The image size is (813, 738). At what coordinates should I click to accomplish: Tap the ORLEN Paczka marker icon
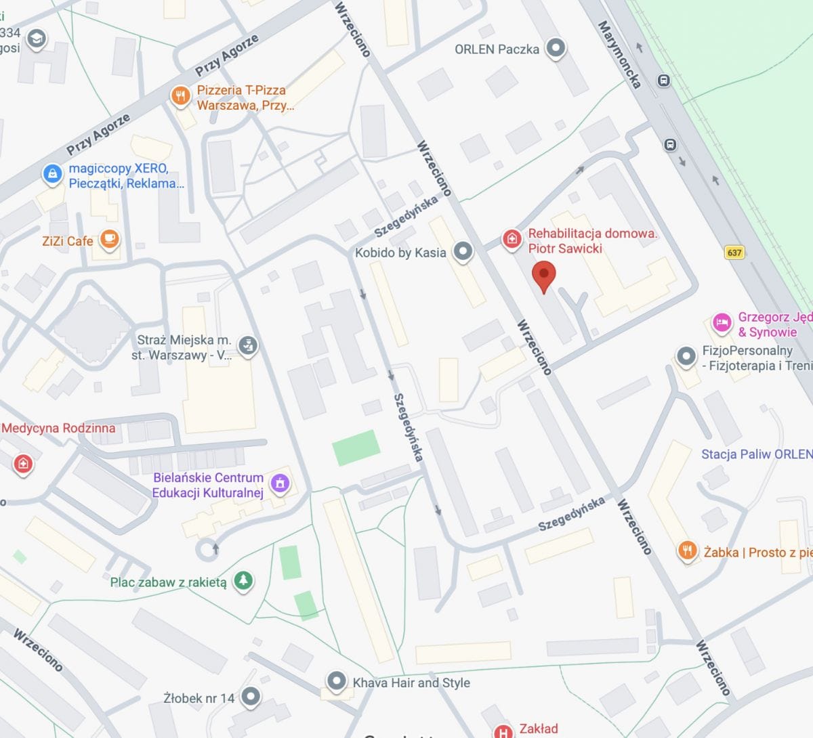(556, 48)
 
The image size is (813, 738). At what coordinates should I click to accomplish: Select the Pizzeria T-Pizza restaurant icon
(180, 96)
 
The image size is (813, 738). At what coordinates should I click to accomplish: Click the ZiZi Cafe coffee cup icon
(109, 239)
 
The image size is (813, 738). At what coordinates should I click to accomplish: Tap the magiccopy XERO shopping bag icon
(52, 174)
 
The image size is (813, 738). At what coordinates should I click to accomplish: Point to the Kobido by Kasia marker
(463, 252)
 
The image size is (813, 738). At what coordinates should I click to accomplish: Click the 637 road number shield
(734, 253)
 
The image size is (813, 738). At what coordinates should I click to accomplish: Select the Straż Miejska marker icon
(248, 346)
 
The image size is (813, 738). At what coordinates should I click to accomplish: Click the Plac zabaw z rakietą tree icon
(243, 580)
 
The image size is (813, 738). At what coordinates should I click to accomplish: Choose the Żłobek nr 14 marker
(251, 696)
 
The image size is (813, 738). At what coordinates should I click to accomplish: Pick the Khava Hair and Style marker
(336, 681)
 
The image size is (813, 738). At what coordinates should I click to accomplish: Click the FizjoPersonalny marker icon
(686, 356)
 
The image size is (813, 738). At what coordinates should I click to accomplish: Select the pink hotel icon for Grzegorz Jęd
(722, 323)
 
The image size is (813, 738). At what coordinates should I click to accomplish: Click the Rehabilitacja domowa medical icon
(512, 238)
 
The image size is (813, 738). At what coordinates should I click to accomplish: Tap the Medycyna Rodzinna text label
(58, 428)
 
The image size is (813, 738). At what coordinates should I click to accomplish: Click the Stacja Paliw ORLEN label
(756, 454)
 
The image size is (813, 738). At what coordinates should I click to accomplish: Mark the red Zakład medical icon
(503, 731)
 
